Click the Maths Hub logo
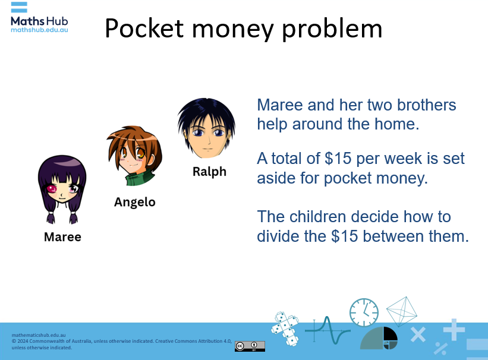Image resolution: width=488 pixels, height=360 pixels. click(39, 17)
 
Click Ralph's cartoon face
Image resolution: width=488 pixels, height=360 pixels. click(206, 129)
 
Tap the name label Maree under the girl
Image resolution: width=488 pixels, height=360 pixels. click(62, 236)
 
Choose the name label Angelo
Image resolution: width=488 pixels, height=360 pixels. click(134, 202)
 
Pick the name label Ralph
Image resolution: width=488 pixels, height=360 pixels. click(209, 172)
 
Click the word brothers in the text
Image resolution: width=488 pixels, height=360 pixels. click(423, 106)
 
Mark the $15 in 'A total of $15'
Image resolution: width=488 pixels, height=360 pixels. click(338, 159)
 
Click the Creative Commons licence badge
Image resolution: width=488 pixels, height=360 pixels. click(250, 346)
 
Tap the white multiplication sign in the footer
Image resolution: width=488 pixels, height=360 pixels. click(418, 335)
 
